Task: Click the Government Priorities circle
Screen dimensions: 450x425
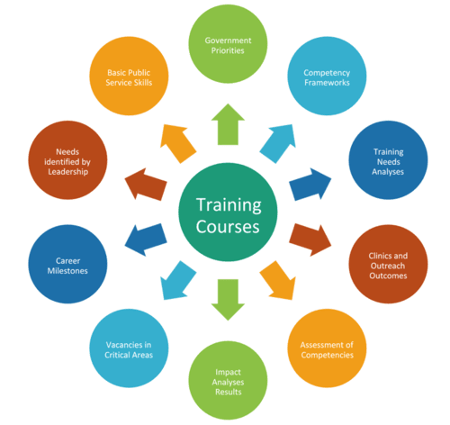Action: (228, 44)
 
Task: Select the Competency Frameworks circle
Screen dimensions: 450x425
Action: (327, 76)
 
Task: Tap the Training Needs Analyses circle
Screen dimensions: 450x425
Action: (388, 160)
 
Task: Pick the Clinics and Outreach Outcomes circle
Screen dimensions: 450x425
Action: (388, 264)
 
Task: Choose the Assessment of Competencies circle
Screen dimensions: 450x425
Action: (327, 348)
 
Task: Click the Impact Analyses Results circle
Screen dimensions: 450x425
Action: (228, 380)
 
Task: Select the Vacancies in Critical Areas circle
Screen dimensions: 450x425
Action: (129, 348)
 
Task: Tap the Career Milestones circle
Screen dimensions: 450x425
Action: (67, 264)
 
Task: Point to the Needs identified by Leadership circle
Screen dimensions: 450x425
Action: (67, 160)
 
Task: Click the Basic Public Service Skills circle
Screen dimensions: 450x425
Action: (129, 76)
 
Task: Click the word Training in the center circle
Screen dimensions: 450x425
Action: (229, 205)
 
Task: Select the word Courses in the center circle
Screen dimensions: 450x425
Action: (228, 227)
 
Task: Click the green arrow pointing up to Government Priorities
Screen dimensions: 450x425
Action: (228, 124)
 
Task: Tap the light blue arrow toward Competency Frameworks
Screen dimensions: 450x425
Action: (278, 143)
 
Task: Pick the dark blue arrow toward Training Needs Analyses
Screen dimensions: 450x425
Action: (310, 185)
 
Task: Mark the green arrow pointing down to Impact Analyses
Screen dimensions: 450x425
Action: (228, 300)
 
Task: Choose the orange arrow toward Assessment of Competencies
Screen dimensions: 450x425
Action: (278, 281)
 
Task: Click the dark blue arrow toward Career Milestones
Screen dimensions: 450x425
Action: (146, 240)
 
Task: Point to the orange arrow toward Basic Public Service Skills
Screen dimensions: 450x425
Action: (178, 143)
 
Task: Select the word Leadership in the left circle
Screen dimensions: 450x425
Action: (68, 172)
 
